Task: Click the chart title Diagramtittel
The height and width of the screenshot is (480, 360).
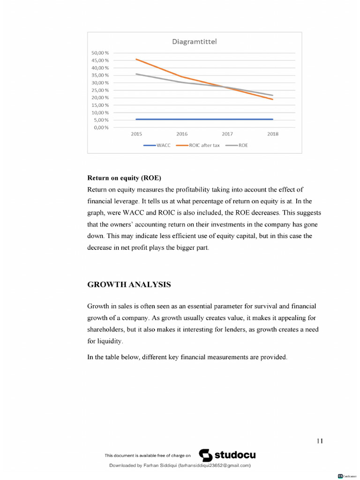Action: coord(195,42)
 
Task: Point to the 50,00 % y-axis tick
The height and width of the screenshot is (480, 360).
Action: coord(100,53)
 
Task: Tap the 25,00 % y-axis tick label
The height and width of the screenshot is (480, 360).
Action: coord(100,90)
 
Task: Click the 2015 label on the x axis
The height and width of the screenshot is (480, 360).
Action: coord(136,134)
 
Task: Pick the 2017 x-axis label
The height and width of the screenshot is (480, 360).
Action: coord(227,134)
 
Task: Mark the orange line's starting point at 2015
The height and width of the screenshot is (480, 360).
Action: coord(136,59)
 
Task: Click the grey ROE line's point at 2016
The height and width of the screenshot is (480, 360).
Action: coord(182,82)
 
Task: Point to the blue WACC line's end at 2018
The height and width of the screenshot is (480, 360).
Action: coord(272,119)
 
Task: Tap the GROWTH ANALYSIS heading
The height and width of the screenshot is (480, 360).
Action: coord(129,285)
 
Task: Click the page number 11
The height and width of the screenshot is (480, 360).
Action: coord(320,441)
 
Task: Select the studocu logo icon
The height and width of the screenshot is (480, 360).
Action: coord(206,455)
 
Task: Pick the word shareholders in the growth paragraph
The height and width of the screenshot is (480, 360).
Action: coord(105,330)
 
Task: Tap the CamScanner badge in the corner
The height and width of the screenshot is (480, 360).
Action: coord(347,476)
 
